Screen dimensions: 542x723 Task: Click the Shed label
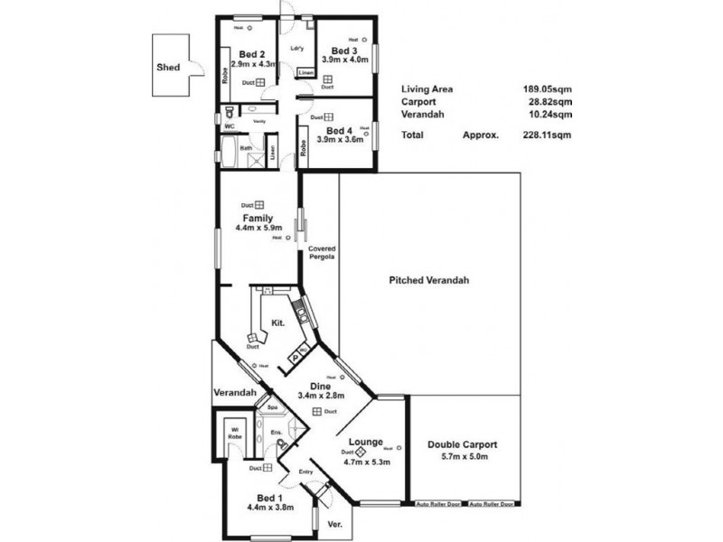coord(168,67)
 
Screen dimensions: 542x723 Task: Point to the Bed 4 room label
coord(342,129)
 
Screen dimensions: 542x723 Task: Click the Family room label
coord(258,219)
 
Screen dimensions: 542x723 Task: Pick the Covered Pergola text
coord(322,253)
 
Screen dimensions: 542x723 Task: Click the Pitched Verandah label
coord(429,280)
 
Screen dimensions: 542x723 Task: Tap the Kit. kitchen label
coord(279,322)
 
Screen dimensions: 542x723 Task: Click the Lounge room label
coord(366,443)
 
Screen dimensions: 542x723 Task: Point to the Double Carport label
coord(464,444)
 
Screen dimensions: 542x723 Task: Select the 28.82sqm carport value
coord(549,102)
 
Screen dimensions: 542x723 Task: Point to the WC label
coord(229,127)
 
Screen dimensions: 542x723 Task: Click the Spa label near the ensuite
coord(271,408)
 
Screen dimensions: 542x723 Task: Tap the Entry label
coord(305,472)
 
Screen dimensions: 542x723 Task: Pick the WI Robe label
coord(234,433)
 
